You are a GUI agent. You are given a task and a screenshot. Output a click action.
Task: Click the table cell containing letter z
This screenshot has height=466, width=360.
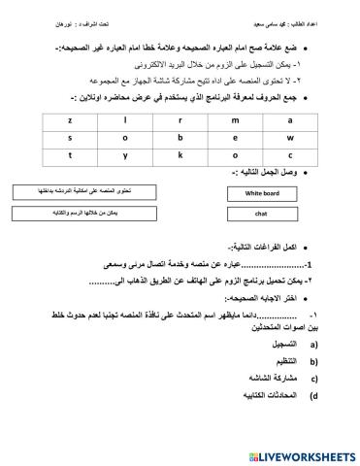point(72,120)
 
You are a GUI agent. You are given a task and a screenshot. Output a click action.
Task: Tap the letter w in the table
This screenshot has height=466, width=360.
point(289,137)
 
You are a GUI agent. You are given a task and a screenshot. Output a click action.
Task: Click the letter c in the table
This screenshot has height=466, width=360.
point(289,154)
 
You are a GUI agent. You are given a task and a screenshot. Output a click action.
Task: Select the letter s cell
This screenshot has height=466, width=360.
point(72,137)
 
